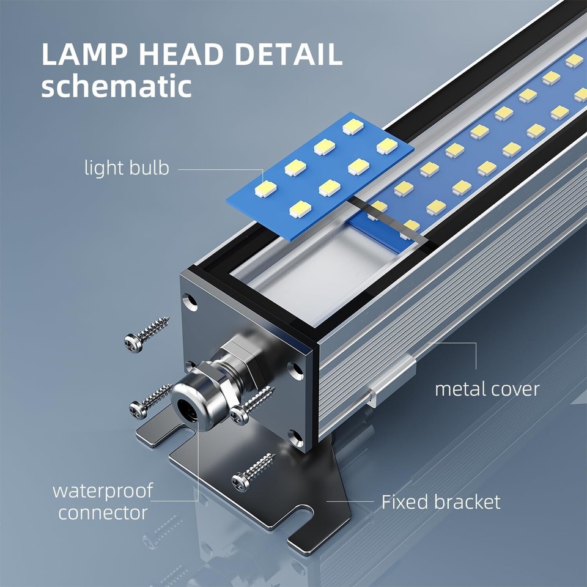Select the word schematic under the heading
pyautogui.click(x=116, y=87)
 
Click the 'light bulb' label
pyautogui.click(x=127, y=168)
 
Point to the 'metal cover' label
pyautogui.click(x=487, y=388)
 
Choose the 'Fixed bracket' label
pyautogui.click(x=441, y=502)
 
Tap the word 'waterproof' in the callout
pyautogui.click(x=102, y=490)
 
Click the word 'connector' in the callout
pyautogui.click(x=103, y=512)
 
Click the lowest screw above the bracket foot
pyautogui.click(x=254, y=471)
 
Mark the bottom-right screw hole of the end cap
pyautogui.click(x=296, y=437)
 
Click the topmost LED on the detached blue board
pyautogui.click(x=353, y=127)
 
